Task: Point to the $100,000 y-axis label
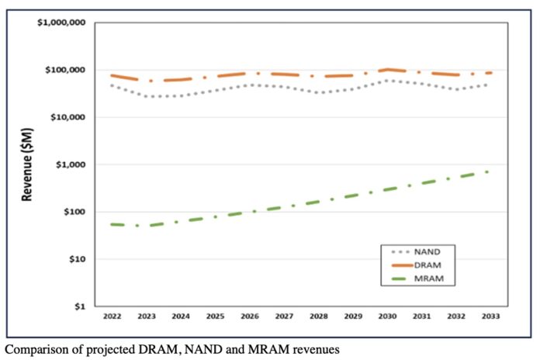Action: click(x=65, y=71)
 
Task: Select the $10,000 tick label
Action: click(x=67, y=118)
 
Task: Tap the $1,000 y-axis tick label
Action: click(x=70, y=165)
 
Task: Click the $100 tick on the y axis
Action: click(x=73, y=212)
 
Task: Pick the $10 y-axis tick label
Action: click(x=75, y=259)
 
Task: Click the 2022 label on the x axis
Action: click(x=112, y=317)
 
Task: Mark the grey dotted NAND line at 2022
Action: click(x=112, y=85)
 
